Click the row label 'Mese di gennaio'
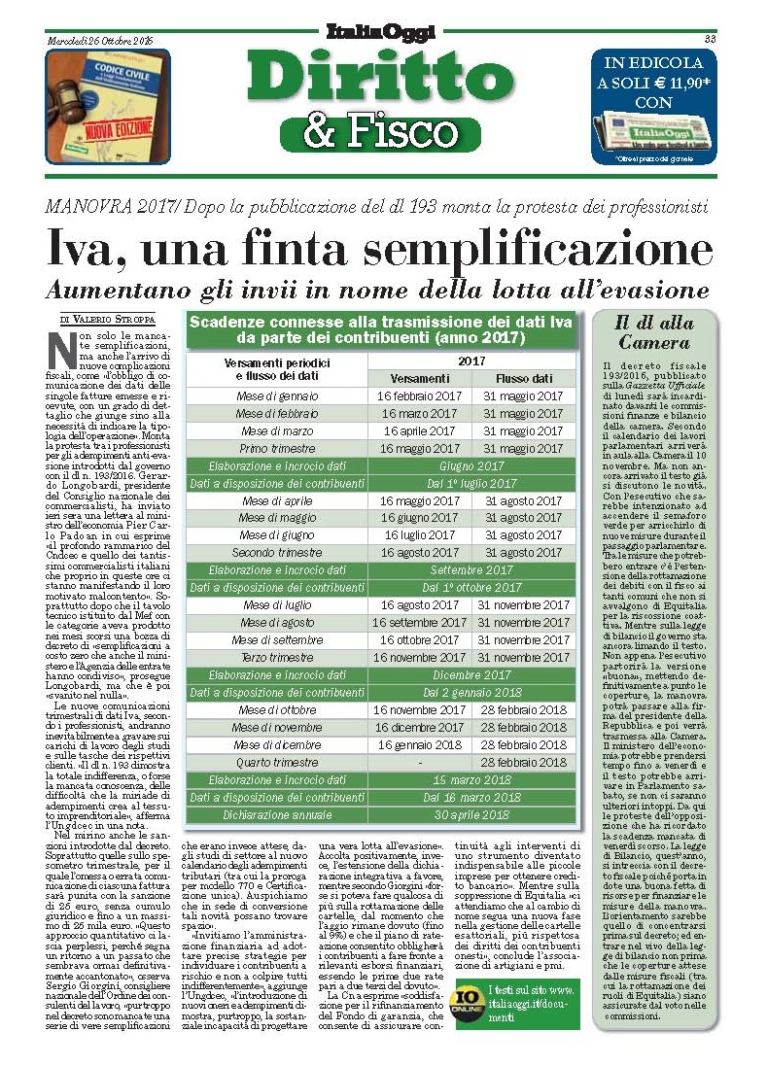[277, 396]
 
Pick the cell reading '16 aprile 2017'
[419, 431]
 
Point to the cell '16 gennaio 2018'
[419, 745]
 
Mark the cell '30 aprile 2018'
[471, 814]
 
